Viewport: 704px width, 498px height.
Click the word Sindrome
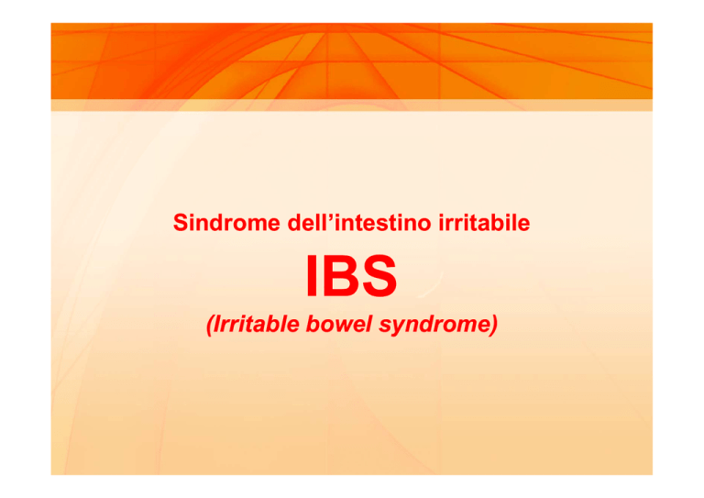click(226, 223)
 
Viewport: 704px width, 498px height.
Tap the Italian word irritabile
click(484, 223)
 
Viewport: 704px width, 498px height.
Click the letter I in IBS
click(312, 276)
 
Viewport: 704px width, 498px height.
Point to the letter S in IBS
click(379, 276)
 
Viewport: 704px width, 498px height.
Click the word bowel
click(339, 325)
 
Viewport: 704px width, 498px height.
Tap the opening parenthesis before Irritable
click(209, 325)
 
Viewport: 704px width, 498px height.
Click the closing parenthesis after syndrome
click(494, 325)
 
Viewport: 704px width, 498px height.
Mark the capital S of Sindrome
click(180, 223)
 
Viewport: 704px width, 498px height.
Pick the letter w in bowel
click(344, 326)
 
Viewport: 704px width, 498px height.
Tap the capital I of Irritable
click(218, 325)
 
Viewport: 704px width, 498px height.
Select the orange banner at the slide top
click(352, 61)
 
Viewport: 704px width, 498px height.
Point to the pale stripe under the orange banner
click(352, 105)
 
